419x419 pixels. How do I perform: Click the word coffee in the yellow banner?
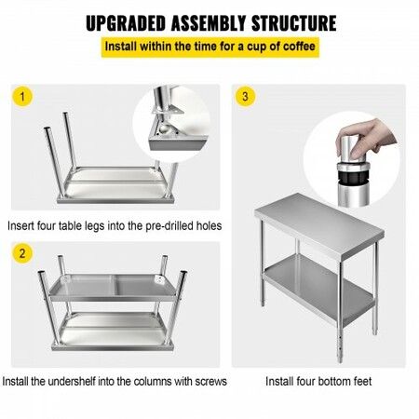click(297, 46)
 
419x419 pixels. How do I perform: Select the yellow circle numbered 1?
click(24, 97)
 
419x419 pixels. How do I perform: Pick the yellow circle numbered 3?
click(245, 97)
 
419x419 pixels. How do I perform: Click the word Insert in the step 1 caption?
click(22, 225)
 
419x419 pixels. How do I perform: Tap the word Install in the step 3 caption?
click(282, 382)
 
